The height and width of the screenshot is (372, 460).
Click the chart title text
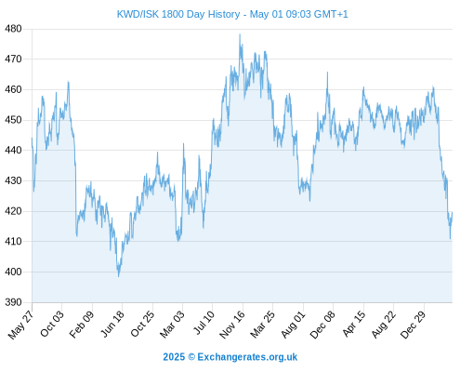232,14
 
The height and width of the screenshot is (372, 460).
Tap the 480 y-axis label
13,29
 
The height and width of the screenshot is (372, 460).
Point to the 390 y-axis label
13,302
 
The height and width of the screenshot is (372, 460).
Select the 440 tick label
13,151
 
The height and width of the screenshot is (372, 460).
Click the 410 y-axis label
13,241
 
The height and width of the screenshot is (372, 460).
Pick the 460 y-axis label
13,89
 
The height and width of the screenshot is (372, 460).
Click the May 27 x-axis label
20,325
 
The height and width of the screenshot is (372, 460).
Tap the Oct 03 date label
52,324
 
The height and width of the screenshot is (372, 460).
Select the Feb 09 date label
82,324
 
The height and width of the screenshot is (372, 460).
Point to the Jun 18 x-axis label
112,324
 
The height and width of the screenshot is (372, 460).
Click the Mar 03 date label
172,324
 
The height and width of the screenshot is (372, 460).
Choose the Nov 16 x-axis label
232,325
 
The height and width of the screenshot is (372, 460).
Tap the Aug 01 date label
293,324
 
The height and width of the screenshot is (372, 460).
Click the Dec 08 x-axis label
322,325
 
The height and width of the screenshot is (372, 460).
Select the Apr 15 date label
354,324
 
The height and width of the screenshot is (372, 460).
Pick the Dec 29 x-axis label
413,325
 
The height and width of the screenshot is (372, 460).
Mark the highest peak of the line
240,34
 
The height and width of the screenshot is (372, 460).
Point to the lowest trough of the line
118,276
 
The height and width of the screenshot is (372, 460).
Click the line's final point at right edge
453,212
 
